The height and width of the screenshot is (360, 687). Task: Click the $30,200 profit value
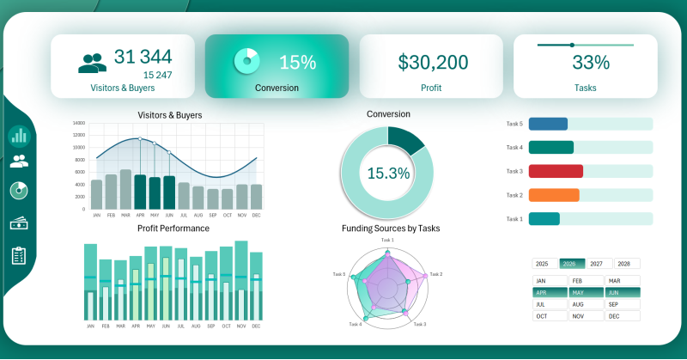[432, 62]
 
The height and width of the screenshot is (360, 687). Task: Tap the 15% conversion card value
[298, 62]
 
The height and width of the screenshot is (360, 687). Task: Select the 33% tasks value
[590, 62]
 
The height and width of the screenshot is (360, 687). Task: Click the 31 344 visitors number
[143, 57]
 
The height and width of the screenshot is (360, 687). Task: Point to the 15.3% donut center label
[388, 173]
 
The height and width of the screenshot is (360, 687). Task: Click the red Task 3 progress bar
[556, 171]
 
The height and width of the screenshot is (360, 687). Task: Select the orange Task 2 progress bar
[554, 195]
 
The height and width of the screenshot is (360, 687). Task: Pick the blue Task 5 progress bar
[548, 124]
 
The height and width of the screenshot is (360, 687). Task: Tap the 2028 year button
[626, 264]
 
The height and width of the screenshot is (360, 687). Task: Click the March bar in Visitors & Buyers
[125, 189]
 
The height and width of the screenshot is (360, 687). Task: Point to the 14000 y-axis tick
[78, 123]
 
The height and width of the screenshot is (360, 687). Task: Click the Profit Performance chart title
[173, 229]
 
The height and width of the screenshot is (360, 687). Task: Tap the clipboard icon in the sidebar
[19, 255]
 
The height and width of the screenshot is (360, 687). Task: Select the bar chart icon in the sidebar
[19, 135]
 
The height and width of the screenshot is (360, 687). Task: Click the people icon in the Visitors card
[93, 63]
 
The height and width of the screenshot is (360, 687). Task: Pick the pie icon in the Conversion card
[246, 60]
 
